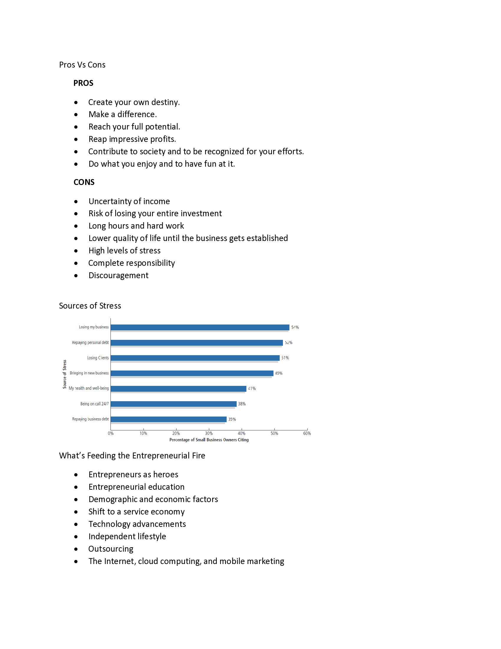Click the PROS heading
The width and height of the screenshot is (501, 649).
click(83, 83)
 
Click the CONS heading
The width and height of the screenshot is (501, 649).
click(84, 182)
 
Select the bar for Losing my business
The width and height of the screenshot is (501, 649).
click(200, 327)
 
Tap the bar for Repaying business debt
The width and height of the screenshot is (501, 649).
click(169, 419)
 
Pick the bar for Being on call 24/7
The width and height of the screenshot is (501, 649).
click(174, 404)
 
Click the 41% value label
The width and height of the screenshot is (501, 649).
click(252, 389)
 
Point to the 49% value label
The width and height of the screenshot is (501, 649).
click(279, 373)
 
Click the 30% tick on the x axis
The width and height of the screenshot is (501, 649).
click(209, 433)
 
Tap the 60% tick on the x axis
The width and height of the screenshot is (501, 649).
click(307, 433)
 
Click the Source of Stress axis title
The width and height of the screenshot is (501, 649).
click(65, 374)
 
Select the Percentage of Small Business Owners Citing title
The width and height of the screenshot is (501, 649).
click(209, 440)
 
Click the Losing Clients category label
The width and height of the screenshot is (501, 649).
click(98, 358)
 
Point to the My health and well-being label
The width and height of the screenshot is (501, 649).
click(89, 389)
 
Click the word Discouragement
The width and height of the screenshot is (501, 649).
click(118, 276)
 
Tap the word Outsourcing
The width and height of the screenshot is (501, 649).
click(111, 549)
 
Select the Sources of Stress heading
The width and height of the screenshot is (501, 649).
click(90, 306)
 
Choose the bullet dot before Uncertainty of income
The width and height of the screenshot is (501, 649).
click(76, 201)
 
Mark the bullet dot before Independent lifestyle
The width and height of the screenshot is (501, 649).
click(76, 537)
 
